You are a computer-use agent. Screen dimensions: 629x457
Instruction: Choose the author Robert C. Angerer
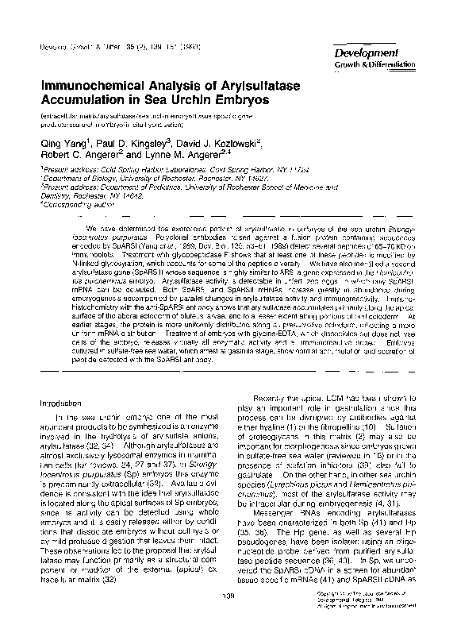point(79,157)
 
